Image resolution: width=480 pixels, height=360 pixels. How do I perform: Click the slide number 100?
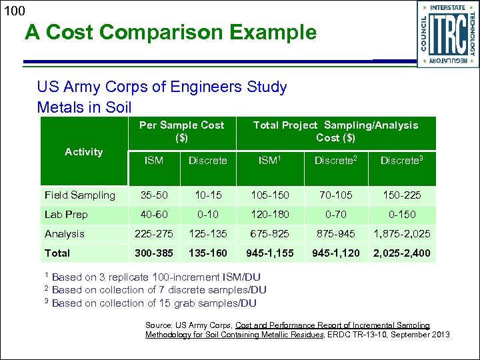[x=13, y=11]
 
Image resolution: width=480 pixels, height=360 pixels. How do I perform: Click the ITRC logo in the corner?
[x=447, y=33]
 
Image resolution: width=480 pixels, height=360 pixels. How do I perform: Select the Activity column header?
[x=83, y=152]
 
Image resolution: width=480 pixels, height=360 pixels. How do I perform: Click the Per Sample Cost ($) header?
[x=181, y=131]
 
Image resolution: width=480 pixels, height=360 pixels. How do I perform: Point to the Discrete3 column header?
[x=402, y=160]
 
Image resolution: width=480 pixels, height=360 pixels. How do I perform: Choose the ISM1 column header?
[x=269, y=160]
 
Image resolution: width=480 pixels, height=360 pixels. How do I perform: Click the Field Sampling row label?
[x=79, y=195]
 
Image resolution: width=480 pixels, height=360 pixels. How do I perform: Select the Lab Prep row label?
[x=66, y=215]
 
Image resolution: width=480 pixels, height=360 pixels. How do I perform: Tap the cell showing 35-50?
[x=153, y=195]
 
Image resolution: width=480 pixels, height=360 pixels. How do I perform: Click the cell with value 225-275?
[x=153, y=234]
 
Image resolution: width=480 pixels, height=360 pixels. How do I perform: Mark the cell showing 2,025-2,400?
[x=402, y=253]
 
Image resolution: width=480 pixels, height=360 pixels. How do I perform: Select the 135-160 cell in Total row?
[x=207, y=253]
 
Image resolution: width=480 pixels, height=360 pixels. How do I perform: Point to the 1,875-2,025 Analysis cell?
[x=402, y=234]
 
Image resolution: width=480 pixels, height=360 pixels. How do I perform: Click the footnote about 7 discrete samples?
[x=159, y=290]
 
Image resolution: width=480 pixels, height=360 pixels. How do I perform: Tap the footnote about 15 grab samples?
[x=153, y=303]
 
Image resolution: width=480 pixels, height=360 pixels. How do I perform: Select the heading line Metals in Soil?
[x=85, y=107]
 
